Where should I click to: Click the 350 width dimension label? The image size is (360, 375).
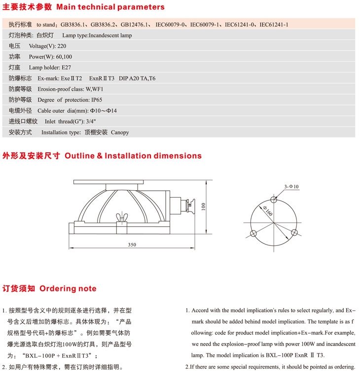(x=131, y=244)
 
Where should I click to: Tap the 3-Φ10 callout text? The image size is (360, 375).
(x=291, y=186)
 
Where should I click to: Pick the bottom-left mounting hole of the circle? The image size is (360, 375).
(x=253, y=234)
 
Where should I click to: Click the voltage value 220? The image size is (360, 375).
(x=62, y=46)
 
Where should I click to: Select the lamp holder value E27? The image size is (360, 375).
(x=66, y=68)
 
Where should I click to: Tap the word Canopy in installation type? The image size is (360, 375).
(x=120, y=133)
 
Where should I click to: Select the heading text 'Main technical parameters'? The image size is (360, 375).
(x=110, y=7)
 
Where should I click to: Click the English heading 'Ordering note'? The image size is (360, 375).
(x=68, y=289)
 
